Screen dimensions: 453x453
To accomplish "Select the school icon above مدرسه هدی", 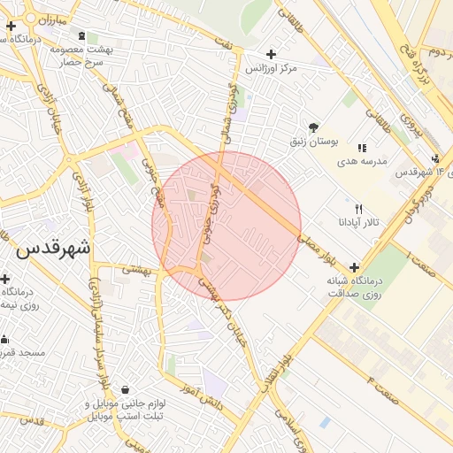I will (361, 148).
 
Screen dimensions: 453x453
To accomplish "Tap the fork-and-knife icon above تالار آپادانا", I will (357, 208).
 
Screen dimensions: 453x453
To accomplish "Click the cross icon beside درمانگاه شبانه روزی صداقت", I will (355, 267).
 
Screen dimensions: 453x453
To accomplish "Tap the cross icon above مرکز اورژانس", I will (271, 54).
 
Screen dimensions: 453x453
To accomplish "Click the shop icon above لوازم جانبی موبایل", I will (125, 389).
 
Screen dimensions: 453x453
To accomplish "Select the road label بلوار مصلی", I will (314, 242).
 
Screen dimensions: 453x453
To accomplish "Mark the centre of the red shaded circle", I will (226, 226).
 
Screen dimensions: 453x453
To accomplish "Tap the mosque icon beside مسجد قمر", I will (4, 339).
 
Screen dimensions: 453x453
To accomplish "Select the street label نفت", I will (228, 42).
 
